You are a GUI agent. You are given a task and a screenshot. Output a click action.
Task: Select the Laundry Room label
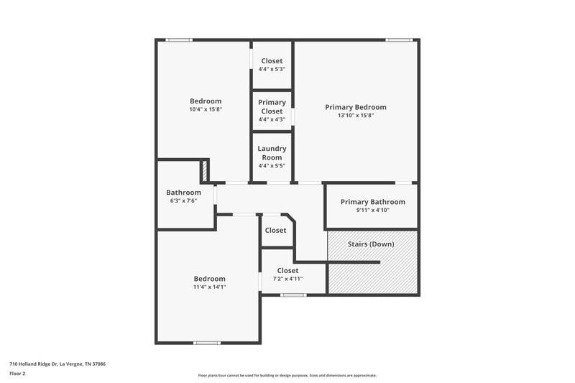coord(272,152)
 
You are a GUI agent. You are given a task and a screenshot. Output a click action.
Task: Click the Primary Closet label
coord(272,107)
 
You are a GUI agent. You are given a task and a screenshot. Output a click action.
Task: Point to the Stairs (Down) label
coord(372,244)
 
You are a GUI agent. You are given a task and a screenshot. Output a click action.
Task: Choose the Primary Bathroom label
coord(372,202)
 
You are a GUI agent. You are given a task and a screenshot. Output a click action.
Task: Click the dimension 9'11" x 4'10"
coord(372,211)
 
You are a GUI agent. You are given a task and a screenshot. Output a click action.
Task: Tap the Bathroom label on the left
coord(183,192)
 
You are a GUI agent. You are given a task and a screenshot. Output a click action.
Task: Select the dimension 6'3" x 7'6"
coord(183,200)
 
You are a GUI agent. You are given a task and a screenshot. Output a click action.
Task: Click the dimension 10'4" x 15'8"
coord(206,110)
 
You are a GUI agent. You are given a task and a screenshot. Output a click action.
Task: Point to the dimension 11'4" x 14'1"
coord(209,287)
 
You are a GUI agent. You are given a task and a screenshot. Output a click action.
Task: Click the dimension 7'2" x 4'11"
coord(287,279)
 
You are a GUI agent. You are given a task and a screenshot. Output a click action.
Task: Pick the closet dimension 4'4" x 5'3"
coord(272,70)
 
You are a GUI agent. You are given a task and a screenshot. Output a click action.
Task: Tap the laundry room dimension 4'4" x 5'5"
coord(272,166)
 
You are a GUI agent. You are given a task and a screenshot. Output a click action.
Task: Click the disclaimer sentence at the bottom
coord(287,375)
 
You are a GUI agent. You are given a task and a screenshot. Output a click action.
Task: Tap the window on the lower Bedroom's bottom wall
coord(207,343)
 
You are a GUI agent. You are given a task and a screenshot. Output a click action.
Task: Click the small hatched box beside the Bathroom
coord(204,171)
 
